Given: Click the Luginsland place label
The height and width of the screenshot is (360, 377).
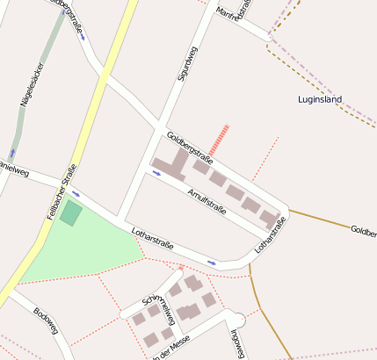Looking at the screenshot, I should point(319,99).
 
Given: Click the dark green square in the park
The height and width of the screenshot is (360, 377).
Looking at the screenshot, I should point(71,213).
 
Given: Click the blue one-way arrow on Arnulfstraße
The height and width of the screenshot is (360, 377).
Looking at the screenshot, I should point(156,173).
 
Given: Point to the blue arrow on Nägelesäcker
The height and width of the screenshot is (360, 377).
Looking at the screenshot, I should point(11,153).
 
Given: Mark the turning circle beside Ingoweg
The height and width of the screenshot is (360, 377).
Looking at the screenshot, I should point(235,319).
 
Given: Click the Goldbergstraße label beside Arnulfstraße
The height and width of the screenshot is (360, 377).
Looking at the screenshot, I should point(189,147).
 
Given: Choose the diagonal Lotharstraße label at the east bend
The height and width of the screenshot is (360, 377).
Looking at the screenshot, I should point(271,237).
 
